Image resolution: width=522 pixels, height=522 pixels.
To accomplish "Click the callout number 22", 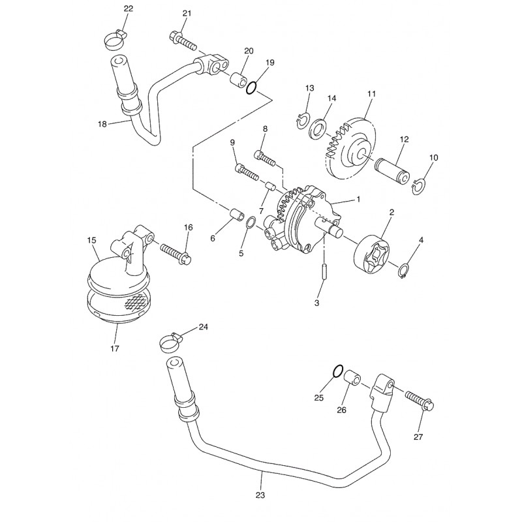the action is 128,8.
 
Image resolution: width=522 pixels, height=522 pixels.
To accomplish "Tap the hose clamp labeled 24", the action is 170,343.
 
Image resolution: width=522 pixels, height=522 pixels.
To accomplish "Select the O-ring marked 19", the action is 251,88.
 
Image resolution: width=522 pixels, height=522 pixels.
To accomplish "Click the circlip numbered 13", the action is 303,121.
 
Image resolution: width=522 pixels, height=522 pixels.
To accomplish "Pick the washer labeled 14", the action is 318,128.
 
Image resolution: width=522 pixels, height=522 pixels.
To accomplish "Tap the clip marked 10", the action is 418,187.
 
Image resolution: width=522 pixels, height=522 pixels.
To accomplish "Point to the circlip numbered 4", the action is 404,270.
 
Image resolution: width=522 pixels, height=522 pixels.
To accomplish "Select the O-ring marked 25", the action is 337,371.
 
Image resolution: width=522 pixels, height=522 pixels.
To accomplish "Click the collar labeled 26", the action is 352,379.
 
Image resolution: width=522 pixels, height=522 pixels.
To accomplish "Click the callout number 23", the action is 260,495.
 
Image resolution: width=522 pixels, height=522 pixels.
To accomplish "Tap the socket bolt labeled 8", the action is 266,158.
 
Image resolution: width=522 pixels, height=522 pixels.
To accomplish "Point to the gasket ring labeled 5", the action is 251,223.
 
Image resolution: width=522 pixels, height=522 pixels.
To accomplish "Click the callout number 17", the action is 115,348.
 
